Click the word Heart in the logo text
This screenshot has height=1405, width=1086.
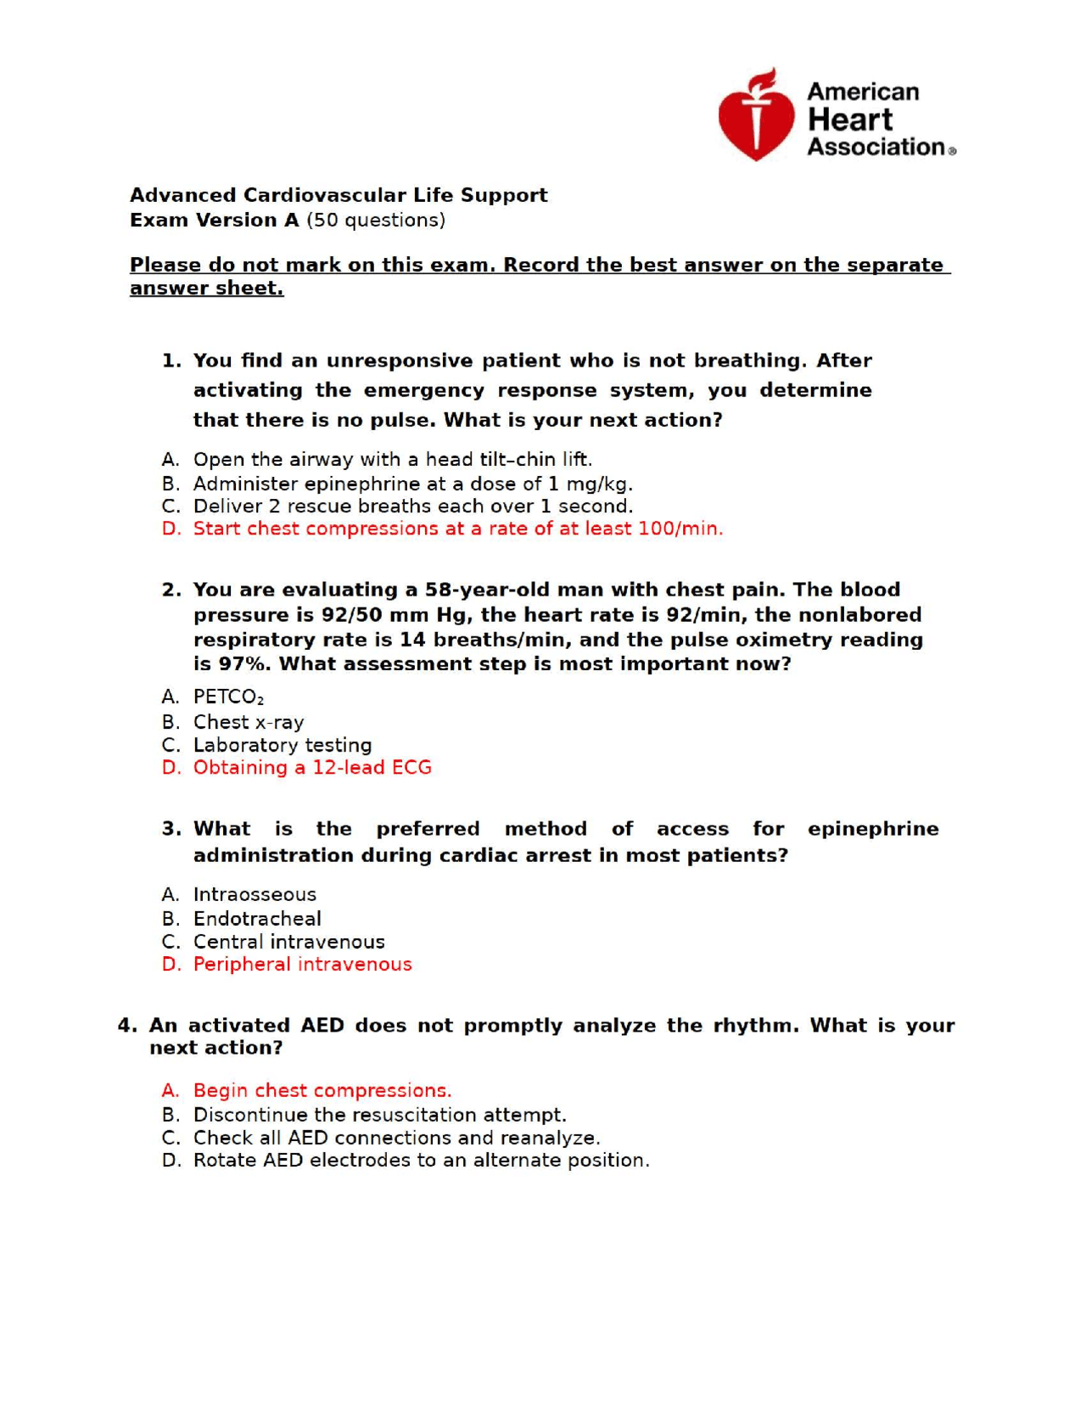pyautogui.click(x=849, y=120)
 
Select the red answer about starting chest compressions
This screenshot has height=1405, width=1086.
pyautogui.click(x=457, y=529)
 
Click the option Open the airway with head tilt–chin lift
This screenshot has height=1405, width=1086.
pyautogui.click(x=392, y=459)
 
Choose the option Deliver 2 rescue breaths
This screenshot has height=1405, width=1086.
pyautogui.click(x=412, y=507)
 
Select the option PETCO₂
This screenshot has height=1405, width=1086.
pyautogui.click(x=227, y=697)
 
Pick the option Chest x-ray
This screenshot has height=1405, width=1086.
pyautogui.click(x=248, y=722)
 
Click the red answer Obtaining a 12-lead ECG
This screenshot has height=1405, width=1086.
pyautogui.click(x=311, y=767)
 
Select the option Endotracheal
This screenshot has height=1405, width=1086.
pyautogui.click(x=256, y=919)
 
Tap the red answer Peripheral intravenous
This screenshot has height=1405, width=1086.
pyautogui.click(x=302, y=964)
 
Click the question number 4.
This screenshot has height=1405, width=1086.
pyautogui.click(x=126, y=1025)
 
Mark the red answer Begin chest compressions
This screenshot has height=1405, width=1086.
pyautogui.click(x=322, y=1090)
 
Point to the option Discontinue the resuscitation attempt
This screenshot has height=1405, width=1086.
pyautogui.click(x=379, y=1115)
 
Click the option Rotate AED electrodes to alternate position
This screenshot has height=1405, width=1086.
pyautogui.click(x=421, y=1160)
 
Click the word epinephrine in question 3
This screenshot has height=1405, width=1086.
pyautogui.click(x=872, y=829)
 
